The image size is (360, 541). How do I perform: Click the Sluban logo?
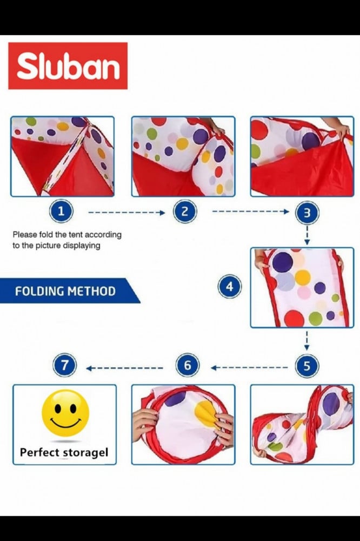(x=68, y=65)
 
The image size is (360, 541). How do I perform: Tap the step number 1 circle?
(x=62, y=211)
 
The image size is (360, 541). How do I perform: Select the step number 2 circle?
(x=185, y=211)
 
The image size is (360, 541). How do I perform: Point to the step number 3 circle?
(x=307, y=213)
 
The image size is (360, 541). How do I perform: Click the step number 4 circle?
(x=230, y=286)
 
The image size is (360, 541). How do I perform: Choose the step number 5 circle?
(x=306, y=366)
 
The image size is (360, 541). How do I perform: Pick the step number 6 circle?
(x=188, y=365)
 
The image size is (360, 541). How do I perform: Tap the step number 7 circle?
(x=64, y=365)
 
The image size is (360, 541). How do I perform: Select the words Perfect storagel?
(x=64, y=452)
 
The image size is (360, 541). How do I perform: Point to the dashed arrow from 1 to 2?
(x=126, y=213)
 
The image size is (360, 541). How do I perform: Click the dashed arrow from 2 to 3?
(x=250, y=212)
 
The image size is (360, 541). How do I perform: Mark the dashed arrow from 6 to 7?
(x=124, y=368)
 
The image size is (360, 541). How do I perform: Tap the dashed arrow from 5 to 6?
(x=249, y=368)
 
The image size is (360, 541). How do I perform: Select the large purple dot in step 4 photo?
(x=282, y=262)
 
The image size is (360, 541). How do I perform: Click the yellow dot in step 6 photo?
(x=207, y=413)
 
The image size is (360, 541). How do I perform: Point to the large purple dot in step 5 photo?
(x=331, y=404)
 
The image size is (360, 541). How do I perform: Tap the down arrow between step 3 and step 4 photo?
(x=307, y=235)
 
